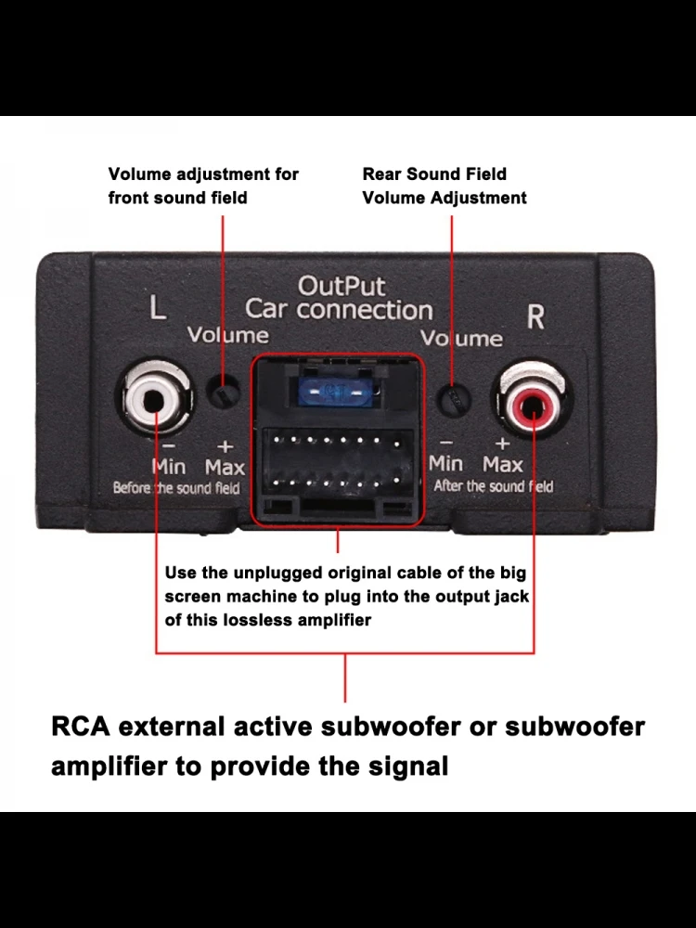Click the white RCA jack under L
click(154, 400)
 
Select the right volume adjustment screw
click(452, 399)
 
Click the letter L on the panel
click(158, 309)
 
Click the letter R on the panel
click(535, 316)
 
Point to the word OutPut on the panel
click(341, 286)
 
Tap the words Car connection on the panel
click(339, 310)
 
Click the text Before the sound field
click(176, 488)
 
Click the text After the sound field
click(493, 486)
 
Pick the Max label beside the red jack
click(502, 463)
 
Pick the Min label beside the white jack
click(169, 466)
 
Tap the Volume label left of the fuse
click(228, 335)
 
